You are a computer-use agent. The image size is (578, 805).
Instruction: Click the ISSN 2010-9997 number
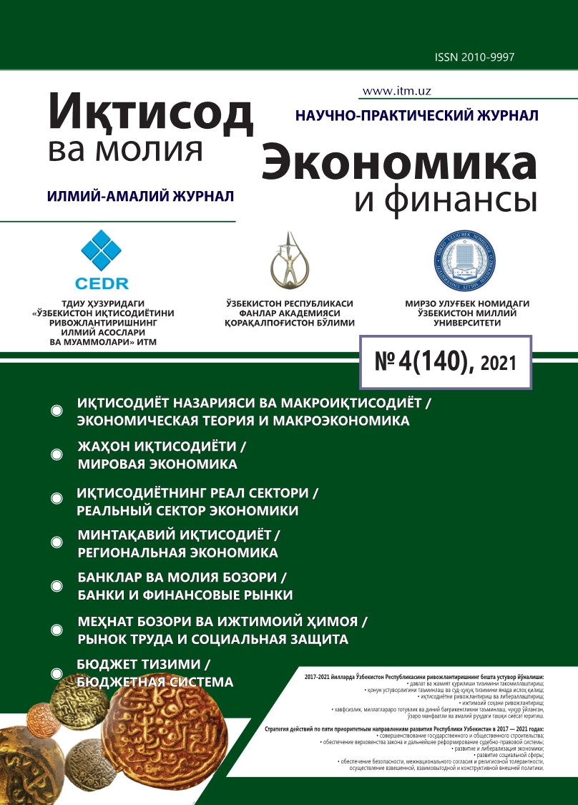click(474, 57)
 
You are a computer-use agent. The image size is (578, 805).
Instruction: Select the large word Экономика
click(398, 163)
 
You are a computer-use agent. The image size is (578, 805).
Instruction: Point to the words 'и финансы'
click(445, 201)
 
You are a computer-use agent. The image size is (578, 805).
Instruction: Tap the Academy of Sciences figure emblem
click(289, 260)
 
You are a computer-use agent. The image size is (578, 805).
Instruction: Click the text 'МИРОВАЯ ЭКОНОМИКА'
click(157, 464)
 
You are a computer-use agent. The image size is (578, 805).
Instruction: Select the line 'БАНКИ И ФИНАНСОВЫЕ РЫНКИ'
click(185, 595)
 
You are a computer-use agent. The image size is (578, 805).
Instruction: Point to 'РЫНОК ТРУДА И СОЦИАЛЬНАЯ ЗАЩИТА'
click(212, 639)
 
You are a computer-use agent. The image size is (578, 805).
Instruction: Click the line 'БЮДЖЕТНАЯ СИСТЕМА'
click(155, 682)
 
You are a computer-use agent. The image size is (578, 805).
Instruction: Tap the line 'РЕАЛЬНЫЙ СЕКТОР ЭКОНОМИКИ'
click(187, 511)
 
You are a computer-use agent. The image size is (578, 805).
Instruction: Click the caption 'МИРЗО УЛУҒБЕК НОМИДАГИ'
click(466, 303)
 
